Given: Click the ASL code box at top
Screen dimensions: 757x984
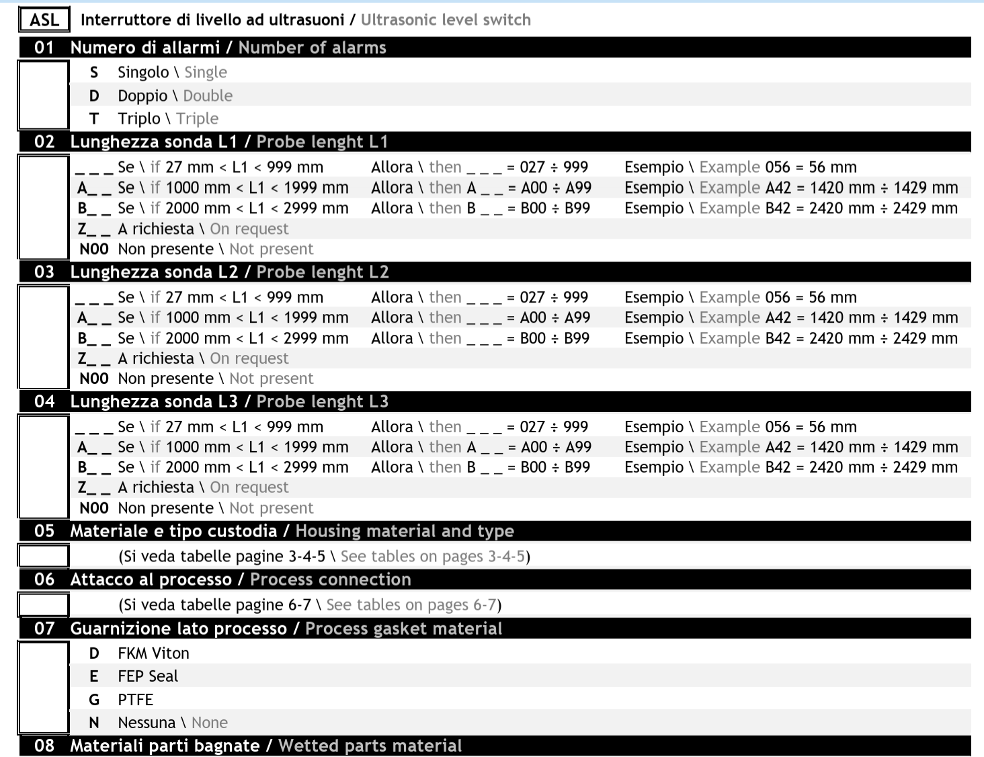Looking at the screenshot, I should (x=44, y=19).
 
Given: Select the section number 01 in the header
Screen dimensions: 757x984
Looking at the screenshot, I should (x=44, y=48).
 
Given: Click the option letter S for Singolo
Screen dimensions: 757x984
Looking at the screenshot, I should (x=94, y=73).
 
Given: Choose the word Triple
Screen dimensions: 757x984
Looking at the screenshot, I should (x=197, y=119).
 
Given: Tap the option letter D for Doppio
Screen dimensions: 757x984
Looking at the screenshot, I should (x=94, y=96).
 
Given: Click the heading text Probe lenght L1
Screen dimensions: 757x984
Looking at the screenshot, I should (x=322, y=142).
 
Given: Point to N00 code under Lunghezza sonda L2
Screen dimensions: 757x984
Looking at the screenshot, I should (x=94, y=379).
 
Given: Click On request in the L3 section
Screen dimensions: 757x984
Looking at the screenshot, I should (x=249, y=487).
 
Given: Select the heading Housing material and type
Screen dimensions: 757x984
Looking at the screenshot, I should (x=405, y=531).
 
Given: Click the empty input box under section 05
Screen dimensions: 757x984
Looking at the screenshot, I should (x=44, y=556).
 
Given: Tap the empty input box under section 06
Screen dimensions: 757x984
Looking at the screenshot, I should (x=44, y=604).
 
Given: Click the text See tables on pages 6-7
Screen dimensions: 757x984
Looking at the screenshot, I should (x=411, y=605).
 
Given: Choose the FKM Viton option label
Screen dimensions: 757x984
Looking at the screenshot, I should (x=153, y=653).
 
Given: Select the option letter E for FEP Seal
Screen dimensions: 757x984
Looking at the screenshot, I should (x=94, y=676).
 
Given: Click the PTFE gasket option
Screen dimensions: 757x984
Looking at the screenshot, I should (x=136, y=700).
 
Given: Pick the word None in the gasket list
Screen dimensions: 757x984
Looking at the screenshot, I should (x=210, y=723).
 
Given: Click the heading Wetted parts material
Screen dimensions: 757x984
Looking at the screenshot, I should (x=370, y=746).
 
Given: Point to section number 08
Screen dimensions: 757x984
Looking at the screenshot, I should (x=44, y=746).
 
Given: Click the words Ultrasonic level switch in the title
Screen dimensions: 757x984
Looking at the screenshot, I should (x=446, y=20).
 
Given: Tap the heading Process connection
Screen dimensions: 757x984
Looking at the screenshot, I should (x=330, y=580).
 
